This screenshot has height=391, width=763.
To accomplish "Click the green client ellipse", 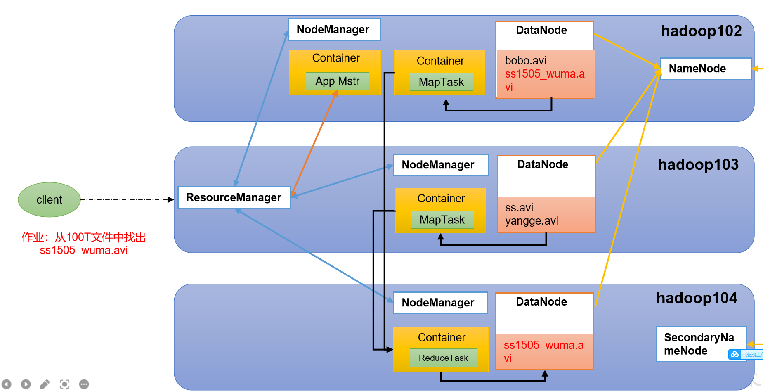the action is tap(49, 200).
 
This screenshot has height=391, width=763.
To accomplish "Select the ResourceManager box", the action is tap(234, 197).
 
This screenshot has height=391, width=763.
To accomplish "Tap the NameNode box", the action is tap(706, 69).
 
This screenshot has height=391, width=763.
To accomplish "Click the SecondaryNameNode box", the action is tap(701, 344).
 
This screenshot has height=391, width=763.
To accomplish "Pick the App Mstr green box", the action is tap(338, 81).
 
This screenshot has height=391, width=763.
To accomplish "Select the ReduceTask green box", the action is tap(444, 358).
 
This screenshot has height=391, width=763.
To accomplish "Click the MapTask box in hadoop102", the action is tap(442, 82).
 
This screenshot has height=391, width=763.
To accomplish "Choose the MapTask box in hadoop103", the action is tap(442, 220).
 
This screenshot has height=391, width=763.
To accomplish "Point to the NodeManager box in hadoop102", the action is tap(334, 30).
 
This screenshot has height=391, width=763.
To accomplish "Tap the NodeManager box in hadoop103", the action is tap(441, 165).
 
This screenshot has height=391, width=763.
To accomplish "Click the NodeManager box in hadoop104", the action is tap(440, 303).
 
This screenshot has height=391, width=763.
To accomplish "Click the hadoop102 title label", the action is tap(701, 31).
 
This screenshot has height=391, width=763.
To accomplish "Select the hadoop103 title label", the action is tap(698, 165).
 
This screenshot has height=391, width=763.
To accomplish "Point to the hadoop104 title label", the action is tap(697, 298).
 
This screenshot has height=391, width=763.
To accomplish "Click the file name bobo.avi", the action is tap(526, 61).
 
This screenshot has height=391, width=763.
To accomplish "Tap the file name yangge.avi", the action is tap(532, 221).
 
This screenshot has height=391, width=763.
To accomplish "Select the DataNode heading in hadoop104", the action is tap(541, 302).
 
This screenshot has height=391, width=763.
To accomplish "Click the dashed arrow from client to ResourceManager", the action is tap(127, 200).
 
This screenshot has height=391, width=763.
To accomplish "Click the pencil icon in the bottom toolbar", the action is tap(45, 384).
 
